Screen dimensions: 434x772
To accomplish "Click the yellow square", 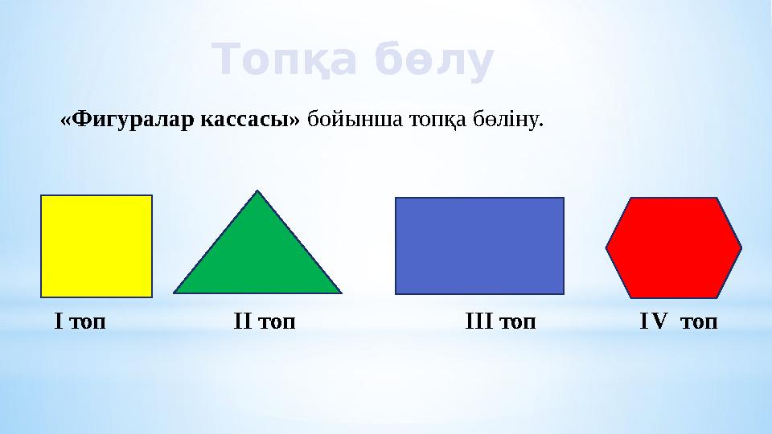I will pyautogui.click(x=96, y=246).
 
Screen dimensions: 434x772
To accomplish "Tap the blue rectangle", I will pyautogui.click(x=479, y=246).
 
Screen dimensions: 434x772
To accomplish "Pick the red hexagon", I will pyautogui.click(x=674, y=248).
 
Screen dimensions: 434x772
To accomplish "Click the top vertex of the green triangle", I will pyautogui.click(x=257, y=190).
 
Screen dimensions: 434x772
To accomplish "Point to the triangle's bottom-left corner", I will pyautogui.click(x=175, y=292).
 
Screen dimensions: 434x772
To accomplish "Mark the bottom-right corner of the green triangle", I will pyautogui.click(x=341, y=292).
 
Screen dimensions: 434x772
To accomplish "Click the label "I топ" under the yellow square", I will pyautogui.click(x=80, y=322).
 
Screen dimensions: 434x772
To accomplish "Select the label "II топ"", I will pyautogui.click(x=265, y=322).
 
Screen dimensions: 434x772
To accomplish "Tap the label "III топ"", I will pyautogui.click(x=501, y=322).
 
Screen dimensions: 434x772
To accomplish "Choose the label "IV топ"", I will pyautogui.click(x=678, y=322).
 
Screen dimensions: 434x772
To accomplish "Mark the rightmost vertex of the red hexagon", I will pyautogui.click(x=741, y=248).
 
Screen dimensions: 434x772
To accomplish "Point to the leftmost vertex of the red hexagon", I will pyautogui.click(x=606, y=248).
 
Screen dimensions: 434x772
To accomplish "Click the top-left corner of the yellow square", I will pyautogui.click(x=42, y=196).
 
